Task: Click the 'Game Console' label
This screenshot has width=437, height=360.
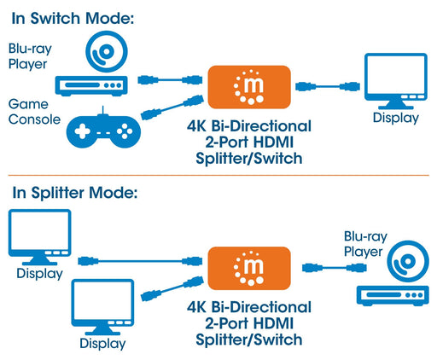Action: (x=33, y=111)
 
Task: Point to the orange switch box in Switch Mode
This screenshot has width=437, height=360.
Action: (x=248, y=84)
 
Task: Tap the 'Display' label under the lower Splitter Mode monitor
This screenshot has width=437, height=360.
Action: (x=102, y=344)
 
